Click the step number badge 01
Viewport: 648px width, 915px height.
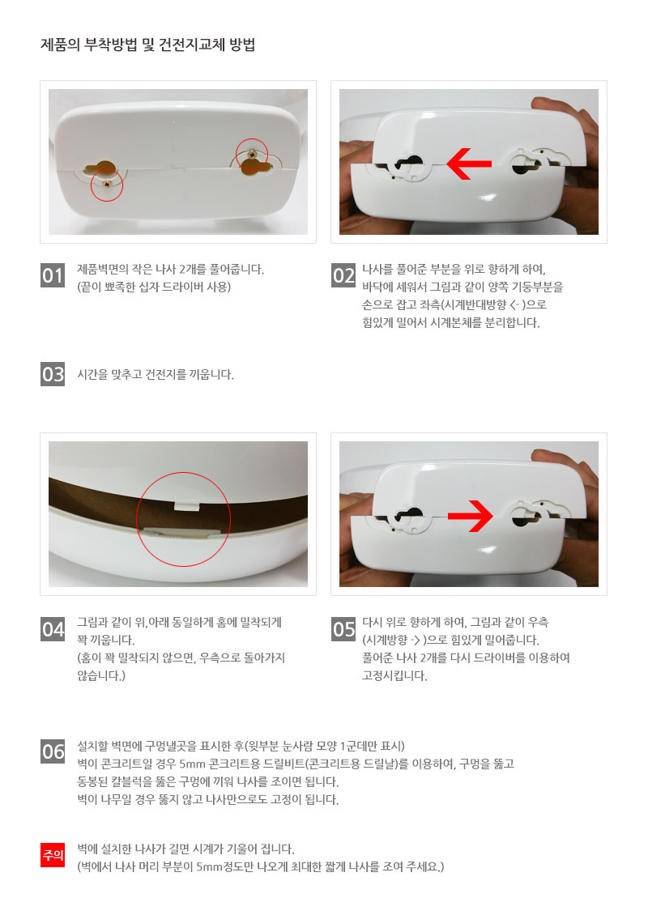point(53,275)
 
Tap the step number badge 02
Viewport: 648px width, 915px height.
point(343,275)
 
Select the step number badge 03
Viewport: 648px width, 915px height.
point(53,374)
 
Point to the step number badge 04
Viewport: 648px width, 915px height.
point(53,629)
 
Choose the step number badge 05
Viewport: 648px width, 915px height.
point(343,629)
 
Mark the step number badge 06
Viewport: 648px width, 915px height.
point(53,751)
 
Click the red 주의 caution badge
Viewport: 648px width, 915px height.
point(53,855)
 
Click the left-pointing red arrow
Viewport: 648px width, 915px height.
point(469,164)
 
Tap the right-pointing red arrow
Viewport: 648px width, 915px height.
point(471,516)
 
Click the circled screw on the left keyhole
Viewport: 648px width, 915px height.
point(107,183)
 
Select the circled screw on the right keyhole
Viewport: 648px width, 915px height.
point(252,154)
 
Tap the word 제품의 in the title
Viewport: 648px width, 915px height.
point(60,45)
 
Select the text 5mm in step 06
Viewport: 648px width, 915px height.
point(192,764)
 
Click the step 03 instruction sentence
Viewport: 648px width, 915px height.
point(156,374)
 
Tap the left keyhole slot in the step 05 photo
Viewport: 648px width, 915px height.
point(408,517)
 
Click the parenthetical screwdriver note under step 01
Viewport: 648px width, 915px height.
point(154,287)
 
